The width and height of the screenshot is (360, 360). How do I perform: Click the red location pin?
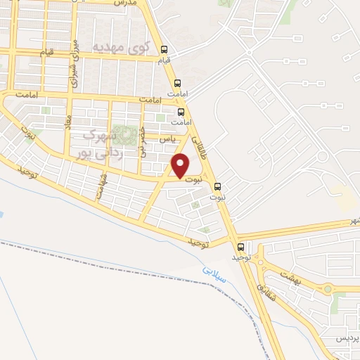[x=181, y=166]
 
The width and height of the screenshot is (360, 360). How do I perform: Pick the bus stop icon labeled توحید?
[x=242, y=247]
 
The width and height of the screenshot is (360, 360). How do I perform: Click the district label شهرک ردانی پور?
[x=105, y=143]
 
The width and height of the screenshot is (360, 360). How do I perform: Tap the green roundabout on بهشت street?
[x=326, y=288]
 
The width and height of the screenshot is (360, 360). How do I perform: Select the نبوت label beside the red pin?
[x=200, y=179]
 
